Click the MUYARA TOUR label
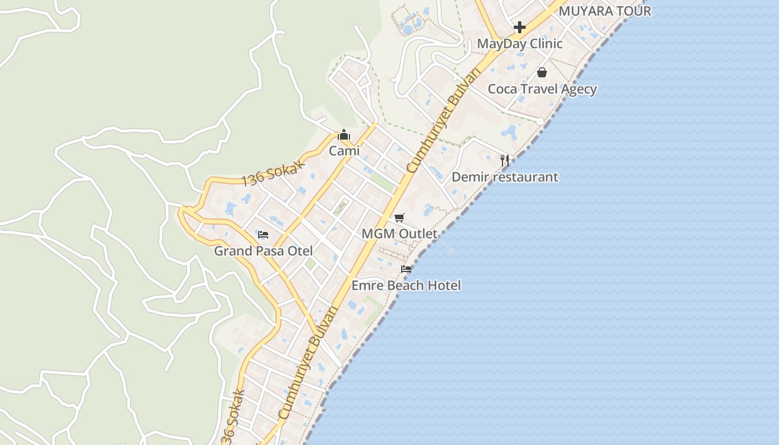pyautogui.click(x=604, y=11)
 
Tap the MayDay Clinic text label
pyautogui.click(x=520, y=43)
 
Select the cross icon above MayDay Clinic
pyautogui.click(x=520, y=27)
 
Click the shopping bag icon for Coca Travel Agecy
pyautogui.click(x=542, y=72)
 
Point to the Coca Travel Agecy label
pyautogui.click(x=542, y=89)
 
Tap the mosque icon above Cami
pyautogui.click(x=344, y=135)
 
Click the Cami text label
pyautogui.click(x=344, y=151)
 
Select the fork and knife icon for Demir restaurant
pyautogui.click(x=505, y=161)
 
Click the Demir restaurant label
pyautogui.click(x=505, y=177)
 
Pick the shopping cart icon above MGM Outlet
pyautogui.click(x=400, y=217)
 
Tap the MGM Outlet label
pyautogui.click(x=400, y=234)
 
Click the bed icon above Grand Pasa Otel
pyautogui.click(x=263, y=235)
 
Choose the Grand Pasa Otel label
pyautogui.click(x=263, y=251)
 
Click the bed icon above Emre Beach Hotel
pyautogui.click(x=406, y=269)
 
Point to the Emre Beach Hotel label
pyautogui.click(x=406, y=285)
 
